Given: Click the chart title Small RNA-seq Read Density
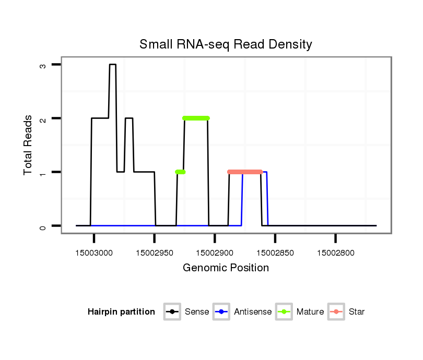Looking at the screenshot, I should (x=226, y=44).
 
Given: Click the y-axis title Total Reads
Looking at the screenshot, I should (x=29, y=145).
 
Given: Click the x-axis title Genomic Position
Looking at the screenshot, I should (x=226, y=268).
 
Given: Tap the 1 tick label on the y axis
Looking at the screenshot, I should (x=43, y=172).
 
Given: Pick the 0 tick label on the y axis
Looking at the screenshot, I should (x=43, y=226).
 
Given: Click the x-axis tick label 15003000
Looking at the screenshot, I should (x=94, y=253).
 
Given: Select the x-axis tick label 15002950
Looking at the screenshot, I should (x=155, y=253).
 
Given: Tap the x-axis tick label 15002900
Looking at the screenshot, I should (x=215, y=253).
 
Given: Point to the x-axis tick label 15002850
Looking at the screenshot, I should (x=275, y=253).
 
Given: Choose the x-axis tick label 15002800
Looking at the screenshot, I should (x=336, y=253).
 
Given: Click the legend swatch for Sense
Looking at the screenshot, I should (x=172, y=312).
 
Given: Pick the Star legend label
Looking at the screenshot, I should (x=357, y=312).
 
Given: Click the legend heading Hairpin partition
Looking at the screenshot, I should (x=121, y=312).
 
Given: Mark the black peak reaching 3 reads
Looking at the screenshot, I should (x=112, y=65).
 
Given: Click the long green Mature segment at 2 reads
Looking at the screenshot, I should (x=196, y=118).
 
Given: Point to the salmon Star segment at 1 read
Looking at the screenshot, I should (x=245, y=172).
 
